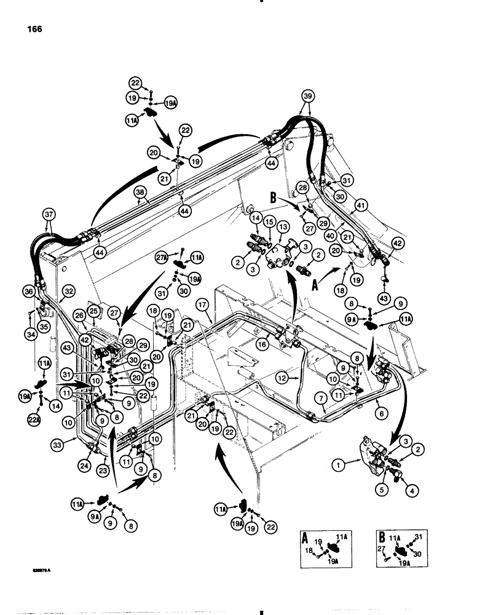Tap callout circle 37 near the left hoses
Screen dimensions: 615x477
[x=49, y=214]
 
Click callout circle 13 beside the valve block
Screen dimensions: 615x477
[x=283, y=228]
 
